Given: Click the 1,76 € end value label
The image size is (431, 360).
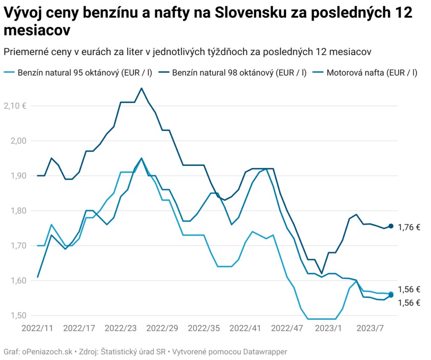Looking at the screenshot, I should [409, 228].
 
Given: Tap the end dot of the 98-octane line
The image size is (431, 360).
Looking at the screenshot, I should [391, 226].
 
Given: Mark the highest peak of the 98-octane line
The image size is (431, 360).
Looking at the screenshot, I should [141, 88].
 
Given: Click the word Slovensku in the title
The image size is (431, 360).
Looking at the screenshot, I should [252, 13].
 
